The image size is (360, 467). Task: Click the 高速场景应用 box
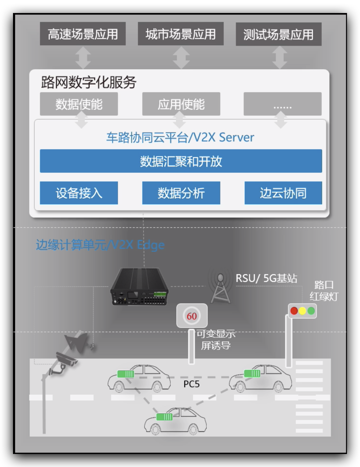[x=83, y=34]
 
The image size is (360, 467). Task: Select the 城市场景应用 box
[x=181, y=34]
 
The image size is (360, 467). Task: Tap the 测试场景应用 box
[x=278, y=34]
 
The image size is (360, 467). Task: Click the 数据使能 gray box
[x=79, y=104]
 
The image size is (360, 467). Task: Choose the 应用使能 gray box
[x=181, y=104]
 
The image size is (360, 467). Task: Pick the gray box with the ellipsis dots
[x=282, y=104]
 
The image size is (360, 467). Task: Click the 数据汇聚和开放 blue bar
[x=181, y=161]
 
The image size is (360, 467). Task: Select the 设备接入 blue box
[x=79, y=193]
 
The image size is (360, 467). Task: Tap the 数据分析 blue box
[x=181, y=193]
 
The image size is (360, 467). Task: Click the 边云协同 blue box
[x=283, y=193]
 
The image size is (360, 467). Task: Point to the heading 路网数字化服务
[x=88, y=82]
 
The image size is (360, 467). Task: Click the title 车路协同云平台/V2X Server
[x=180, y=137]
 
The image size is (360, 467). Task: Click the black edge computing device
[x=139, y=287]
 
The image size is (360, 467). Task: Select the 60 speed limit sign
[x=192, y=316]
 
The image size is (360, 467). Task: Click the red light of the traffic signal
[x=294, y=311]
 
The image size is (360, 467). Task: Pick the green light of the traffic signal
[x=311, y=311]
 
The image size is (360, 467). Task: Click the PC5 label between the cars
[x=191, y=384]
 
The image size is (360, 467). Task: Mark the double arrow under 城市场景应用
[x=181, y=58]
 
